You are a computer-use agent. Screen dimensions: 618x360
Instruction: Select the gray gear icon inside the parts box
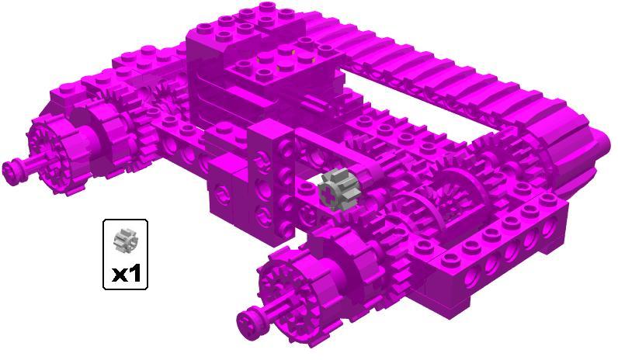(124, 240)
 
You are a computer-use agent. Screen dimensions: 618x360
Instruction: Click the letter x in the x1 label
(119, 275)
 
